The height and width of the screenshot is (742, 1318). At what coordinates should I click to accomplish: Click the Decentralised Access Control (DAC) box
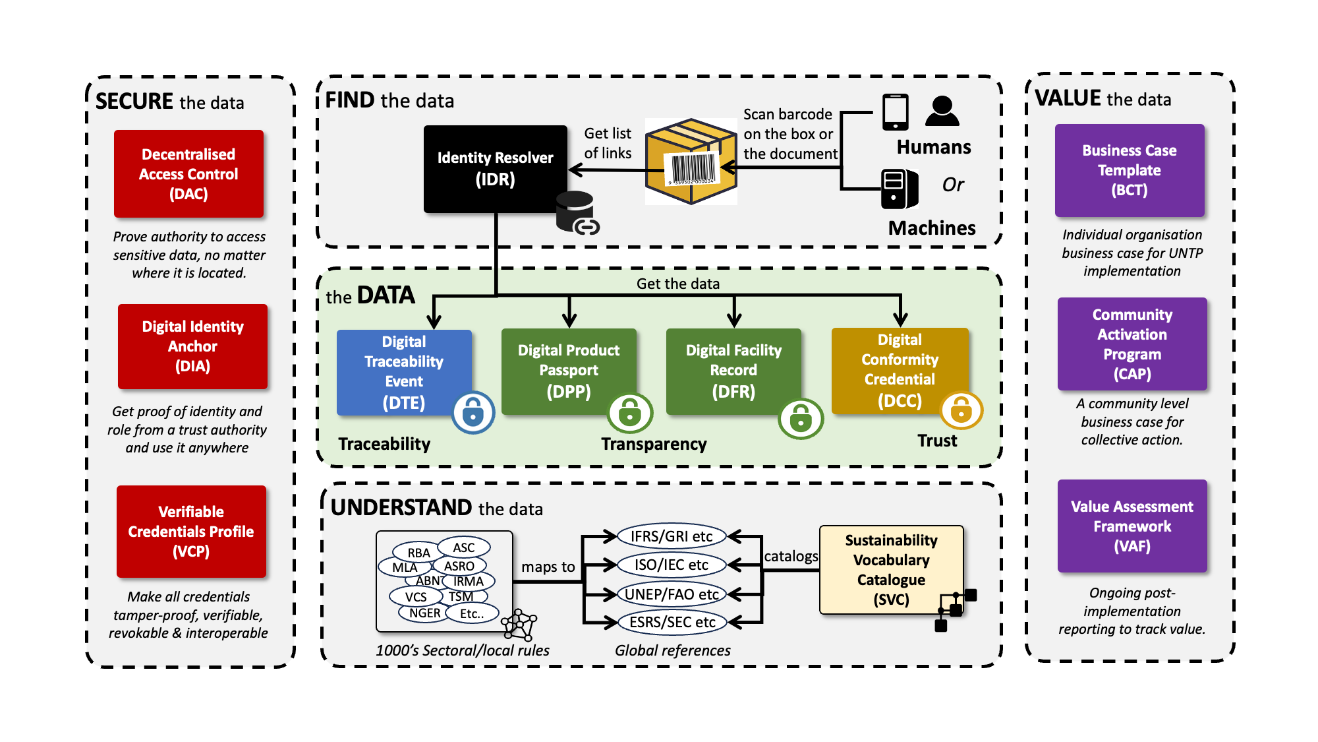tap(188, 173)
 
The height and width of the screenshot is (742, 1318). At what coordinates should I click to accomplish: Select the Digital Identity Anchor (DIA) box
tap(192, 346)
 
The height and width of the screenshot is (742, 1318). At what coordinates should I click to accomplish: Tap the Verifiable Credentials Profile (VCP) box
tap(191, 532)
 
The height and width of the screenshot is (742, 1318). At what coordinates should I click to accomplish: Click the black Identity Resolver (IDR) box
tap(495, 169)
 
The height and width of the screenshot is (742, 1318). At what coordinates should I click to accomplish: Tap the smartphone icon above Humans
tap(895, 112)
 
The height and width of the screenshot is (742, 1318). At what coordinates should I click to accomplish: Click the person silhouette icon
tap(942, 111)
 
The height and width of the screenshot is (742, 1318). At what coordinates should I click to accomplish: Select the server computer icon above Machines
tap(899, 189)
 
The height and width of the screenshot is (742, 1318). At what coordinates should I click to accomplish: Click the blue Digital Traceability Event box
tap(403, 372)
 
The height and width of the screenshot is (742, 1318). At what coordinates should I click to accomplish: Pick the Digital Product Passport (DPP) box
tap(568, 371)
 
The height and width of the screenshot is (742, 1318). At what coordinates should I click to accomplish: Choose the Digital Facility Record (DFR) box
tap(733, 371)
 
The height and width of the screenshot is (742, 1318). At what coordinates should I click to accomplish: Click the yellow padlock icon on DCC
tap(961, 410)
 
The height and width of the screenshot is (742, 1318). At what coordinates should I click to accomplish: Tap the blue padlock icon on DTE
tap(473, 413)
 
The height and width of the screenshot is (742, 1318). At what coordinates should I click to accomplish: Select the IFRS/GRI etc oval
tap(671, 536)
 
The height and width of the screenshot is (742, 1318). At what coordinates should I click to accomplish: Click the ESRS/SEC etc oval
tap(672, 622)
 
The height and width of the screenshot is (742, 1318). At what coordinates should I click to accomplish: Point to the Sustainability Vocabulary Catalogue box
tap(891, 569)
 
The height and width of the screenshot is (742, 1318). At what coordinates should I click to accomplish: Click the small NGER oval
tap(424, 613)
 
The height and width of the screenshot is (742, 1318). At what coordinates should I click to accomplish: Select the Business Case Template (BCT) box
tap(1129, 170)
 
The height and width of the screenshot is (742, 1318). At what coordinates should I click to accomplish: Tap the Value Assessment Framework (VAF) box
tap(1132, 526)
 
